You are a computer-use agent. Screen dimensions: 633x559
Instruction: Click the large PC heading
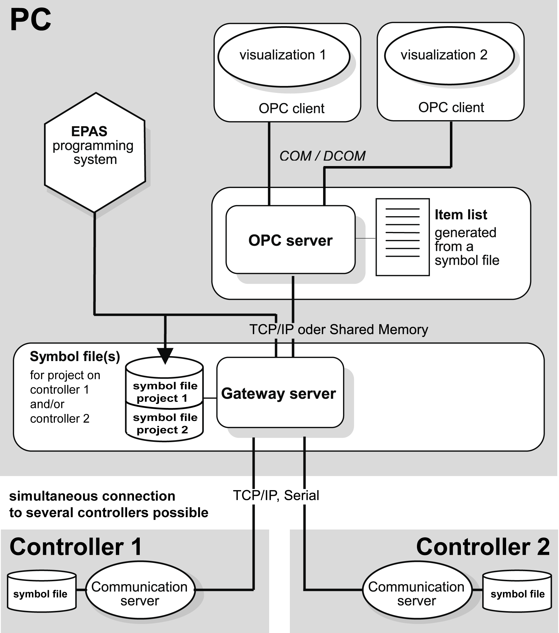30,20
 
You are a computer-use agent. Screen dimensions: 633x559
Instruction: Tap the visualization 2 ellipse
449,56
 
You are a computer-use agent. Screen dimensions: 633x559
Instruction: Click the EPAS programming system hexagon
95,152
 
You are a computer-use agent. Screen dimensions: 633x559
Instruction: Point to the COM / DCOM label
322,156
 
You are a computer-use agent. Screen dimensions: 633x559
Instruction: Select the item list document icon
402,237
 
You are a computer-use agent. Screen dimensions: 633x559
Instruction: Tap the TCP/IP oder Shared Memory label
338,329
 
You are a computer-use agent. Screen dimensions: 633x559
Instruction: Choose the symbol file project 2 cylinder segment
164,424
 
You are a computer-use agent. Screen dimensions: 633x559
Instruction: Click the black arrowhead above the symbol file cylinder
165,356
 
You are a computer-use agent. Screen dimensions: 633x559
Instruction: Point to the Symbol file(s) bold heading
75,356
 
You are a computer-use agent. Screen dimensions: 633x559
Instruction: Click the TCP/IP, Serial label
276,495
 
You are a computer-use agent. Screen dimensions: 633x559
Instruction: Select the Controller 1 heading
76,547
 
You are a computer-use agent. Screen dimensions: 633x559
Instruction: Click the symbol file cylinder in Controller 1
41,593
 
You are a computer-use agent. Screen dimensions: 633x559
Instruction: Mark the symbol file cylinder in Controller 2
517,593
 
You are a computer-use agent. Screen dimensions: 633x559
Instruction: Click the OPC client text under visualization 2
451,108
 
